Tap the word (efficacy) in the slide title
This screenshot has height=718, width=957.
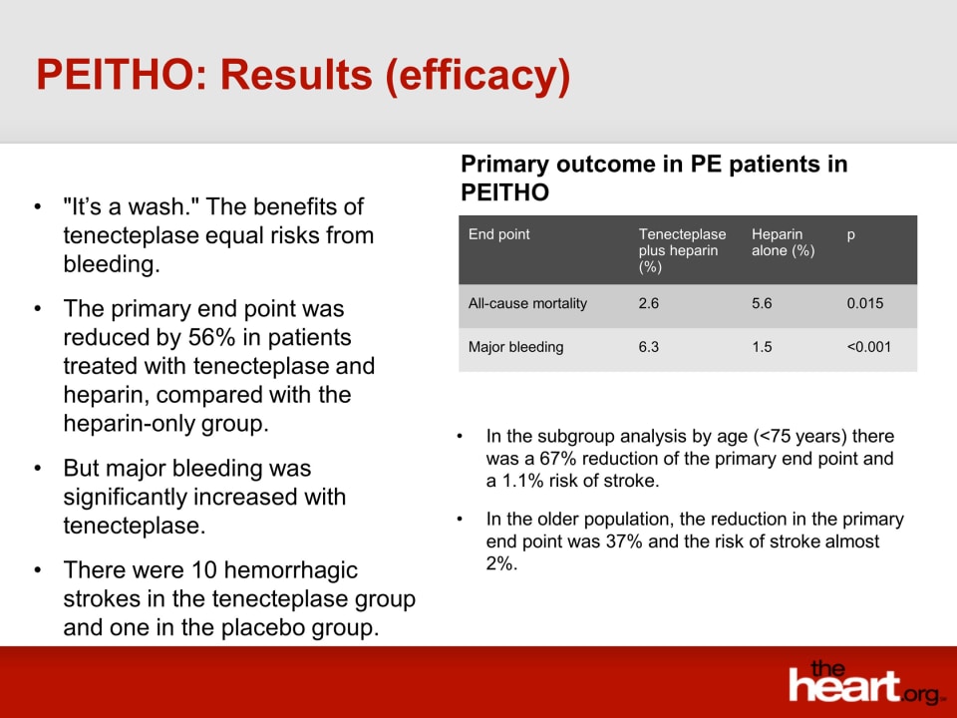[x=478, y=77]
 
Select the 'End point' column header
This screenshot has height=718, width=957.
[x=498, y=234]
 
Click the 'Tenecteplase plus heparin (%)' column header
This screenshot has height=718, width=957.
[x=682, y=250]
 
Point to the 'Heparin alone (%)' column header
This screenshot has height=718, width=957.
[x=784, y=242]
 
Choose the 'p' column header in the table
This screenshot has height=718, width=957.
[x=850, y=235]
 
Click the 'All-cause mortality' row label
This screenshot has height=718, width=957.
[x=527, y=303]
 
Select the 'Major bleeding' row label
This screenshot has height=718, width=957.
[x=515, y=347]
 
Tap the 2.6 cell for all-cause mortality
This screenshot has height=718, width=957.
[x=648, y=303]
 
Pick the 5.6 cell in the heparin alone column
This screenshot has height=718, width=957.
[x=762, y=303]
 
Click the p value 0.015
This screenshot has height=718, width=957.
[x=865, y=303]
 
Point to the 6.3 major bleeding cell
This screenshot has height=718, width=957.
[x=648, y=347]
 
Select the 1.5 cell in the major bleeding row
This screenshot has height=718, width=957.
[x=762, y=347]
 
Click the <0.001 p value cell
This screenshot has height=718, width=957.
[x=868, y=347]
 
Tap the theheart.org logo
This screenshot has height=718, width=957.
[x=864, y=682]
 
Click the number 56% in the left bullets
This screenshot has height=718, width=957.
[x=208, y=338]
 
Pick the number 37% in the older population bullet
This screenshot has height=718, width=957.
[x=624, y=541]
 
